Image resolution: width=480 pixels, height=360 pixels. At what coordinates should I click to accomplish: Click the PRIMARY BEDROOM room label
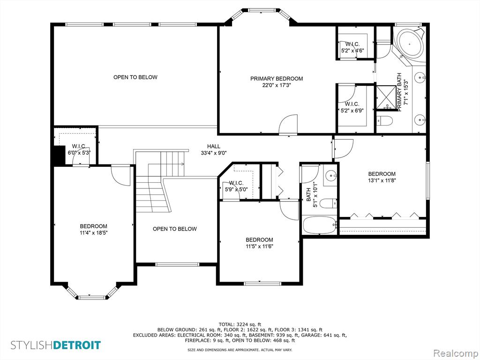point(277,79)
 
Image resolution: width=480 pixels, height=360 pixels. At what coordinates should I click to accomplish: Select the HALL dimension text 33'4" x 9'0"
point(214,153)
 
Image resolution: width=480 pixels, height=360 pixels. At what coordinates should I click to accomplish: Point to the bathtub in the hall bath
point(320,225)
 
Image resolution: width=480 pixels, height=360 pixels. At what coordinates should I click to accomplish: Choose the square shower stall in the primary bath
point(386,97)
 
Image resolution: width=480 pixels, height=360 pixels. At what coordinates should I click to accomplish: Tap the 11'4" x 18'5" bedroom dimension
point(94,232)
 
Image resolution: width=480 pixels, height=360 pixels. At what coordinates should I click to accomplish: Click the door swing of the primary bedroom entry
point(288,124)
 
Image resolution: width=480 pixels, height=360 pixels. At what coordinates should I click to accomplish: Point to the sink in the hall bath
point(330,175)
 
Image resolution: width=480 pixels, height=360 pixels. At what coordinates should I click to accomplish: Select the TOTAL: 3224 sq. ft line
point(240,324)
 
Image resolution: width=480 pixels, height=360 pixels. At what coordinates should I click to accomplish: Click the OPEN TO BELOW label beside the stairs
point(174,229)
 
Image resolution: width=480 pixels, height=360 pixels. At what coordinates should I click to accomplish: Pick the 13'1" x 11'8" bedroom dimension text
point(382,180)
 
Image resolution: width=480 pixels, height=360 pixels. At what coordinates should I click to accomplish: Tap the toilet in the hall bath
point(328,203)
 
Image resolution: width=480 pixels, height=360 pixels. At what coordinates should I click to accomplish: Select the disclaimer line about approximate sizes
point(240,350)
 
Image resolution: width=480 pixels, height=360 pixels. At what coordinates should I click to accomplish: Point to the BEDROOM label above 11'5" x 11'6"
point(259,240)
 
